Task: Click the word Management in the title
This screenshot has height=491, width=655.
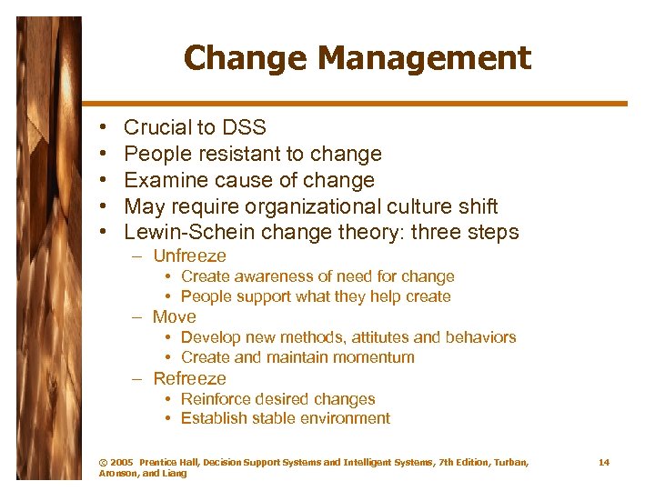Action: tap(427, 59)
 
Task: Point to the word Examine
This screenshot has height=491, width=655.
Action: tap(161, 180)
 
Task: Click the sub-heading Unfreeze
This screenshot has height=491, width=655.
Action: tap(189, 256)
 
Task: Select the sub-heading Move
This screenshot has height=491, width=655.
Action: tap(175, 317)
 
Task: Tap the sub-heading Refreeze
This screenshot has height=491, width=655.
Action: tap(189, 378)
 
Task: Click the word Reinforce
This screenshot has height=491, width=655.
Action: tap(217, 399)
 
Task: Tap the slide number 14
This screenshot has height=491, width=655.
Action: tap(604, 463)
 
